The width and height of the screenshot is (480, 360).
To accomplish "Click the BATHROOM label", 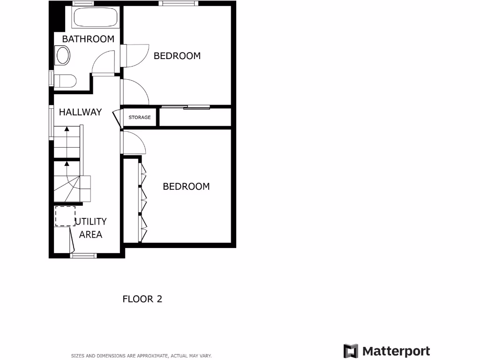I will (x=88, y=39).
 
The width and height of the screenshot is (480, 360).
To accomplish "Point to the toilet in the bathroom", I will (x=65, y=81).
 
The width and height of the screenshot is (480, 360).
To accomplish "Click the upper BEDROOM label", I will (x=177, y=56).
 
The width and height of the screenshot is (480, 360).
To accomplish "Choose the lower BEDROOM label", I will (x=186, y=187).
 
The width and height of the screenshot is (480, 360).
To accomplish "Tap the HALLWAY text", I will (x=80, y=112).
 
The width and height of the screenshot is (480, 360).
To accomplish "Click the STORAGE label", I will (x=140, y=117).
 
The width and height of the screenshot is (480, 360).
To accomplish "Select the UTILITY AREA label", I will (x=91, y=228).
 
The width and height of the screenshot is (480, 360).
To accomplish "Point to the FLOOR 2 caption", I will (x=142, y=299).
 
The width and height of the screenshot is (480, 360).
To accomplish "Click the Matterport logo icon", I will (x=351, y=351).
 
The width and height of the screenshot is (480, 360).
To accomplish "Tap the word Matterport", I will (x=396, y=351).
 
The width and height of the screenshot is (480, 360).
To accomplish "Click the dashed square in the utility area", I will (x=65, y=216).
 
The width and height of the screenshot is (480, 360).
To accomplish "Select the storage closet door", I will (x=117, y=118).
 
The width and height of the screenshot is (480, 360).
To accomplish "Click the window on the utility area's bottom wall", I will (x=83, y=255).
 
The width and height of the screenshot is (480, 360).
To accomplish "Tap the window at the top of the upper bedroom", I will (x=177, y=3).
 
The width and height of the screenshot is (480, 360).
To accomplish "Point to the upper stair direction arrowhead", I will (x=67, y=128).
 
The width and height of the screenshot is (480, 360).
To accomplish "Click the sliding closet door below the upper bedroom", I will (x=185, y=108).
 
